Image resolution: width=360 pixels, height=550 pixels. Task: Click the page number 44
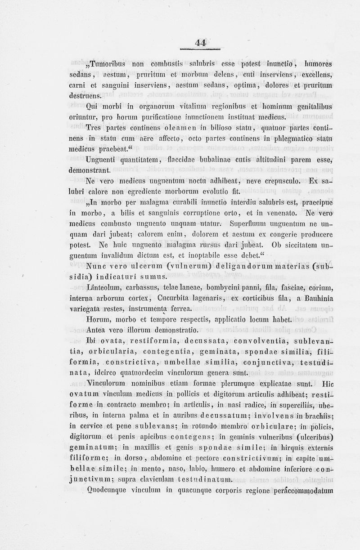(x=201, y=43)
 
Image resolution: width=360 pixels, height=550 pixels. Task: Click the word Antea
(x=96, y=330)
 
